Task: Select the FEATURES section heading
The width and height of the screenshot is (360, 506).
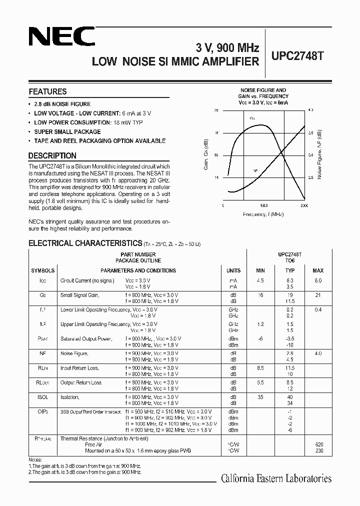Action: pos(47,91)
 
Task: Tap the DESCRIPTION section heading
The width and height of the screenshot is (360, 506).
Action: pos(52,155)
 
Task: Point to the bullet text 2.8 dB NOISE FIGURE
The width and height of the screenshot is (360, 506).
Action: pos(62,104)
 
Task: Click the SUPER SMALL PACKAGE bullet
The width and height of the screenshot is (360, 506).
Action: pos(67,132)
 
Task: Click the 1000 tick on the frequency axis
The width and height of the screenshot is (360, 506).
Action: pos(264,205)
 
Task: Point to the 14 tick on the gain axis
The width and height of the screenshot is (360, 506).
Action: pos(216,177)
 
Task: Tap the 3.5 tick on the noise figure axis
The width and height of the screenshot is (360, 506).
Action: pos(310,132)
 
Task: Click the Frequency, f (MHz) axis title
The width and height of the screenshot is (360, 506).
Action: pos(263,214)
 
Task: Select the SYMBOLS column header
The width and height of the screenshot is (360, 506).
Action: pos(43,270)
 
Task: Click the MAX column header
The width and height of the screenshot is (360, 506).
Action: pos(318,270)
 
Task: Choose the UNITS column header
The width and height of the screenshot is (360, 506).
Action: pos(233,270)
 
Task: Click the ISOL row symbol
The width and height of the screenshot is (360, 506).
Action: pos(43,397)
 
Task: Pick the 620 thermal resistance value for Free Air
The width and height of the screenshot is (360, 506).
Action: pos(319,444)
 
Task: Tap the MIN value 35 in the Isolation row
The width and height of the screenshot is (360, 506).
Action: pos(260,397)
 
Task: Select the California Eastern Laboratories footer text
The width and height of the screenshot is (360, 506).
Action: pos(276,478)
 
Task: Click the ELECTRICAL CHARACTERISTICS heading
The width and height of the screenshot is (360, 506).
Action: pos(85,243)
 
